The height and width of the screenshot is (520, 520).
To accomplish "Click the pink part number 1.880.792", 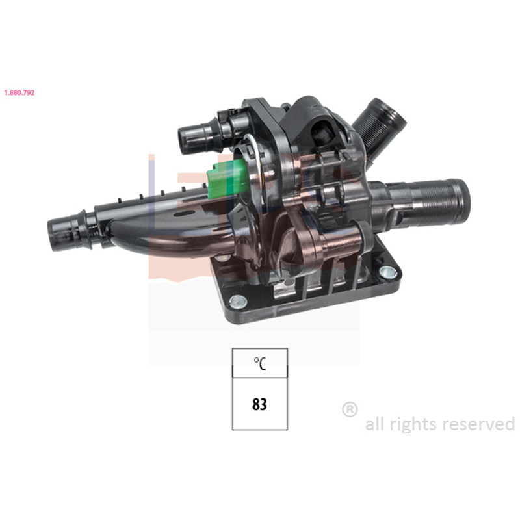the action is (x=19, y=92).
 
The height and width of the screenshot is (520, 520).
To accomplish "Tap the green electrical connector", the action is (x=227, y=180).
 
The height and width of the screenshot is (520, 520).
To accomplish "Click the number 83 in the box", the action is (x=259, y=404).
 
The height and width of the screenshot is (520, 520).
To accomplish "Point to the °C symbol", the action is (x=260, y=363).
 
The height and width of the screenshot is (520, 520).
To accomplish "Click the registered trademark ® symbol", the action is (x=350, y=409).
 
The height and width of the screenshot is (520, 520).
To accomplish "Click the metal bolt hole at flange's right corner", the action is (x=387, y=272).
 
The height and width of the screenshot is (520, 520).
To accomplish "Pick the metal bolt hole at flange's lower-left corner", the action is (x=238, y=301).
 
